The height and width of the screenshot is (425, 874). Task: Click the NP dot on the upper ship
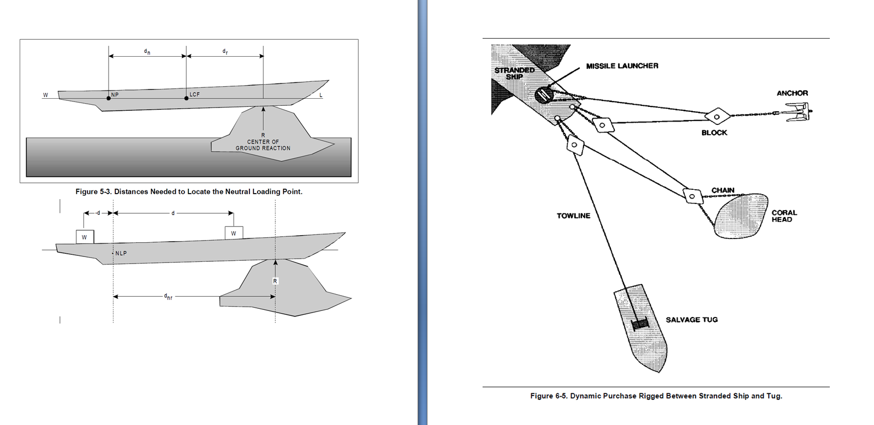click(109, 98)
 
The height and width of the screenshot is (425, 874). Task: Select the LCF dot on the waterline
click(187, 98)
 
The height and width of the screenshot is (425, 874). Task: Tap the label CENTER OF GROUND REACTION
click(263, 145)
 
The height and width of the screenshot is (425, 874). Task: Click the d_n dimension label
click(147, 52)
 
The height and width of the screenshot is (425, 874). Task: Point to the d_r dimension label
click(225, 52)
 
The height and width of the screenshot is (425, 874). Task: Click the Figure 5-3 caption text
click(189, 191)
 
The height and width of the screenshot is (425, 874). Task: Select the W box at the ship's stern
click(85, 237)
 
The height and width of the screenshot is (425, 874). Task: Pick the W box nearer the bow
click(234, 233)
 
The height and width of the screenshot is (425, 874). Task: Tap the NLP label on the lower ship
click(121, 253)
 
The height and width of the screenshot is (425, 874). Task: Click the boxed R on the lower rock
click(275, 281)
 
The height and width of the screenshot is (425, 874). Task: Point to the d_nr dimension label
click(168, 296)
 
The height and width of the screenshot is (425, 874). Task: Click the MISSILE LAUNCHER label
click(622, 66)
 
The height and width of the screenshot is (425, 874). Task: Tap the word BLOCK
click(714, 133)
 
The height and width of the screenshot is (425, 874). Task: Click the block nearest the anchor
click(717, 116)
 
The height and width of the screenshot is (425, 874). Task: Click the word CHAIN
click(723, 190)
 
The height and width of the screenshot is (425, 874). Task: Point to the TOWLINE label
click(573, 216)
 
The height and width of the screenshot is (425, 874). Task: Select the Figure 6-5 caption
click(656, 396)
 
